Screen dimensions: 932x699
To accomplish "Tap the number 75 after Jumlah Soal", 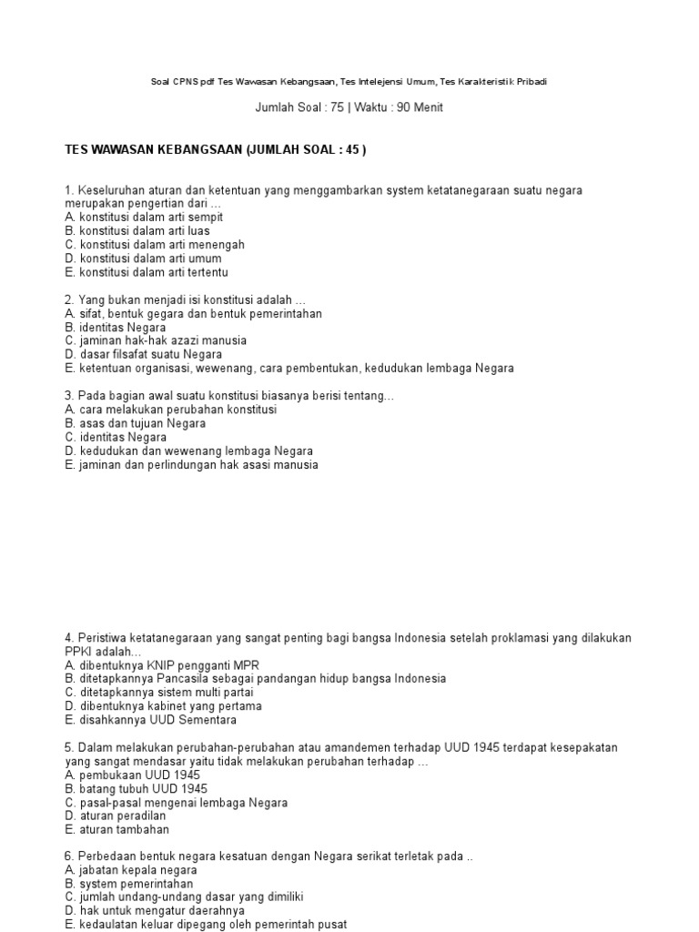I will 334,107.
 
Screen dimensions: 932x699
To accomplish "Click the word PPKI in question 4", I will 80,652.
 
